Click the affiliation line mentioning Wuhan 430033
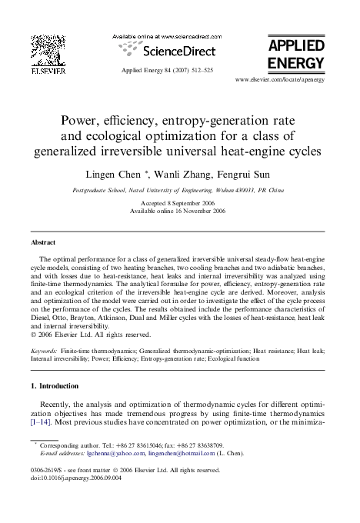tap(178, 189)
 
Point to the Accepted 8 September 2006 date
tap(179, 204)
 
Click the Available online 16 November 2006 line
tap(179, 212)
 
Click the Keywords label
tap(45, 349)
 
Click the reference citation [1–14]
tap(42, 423)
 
